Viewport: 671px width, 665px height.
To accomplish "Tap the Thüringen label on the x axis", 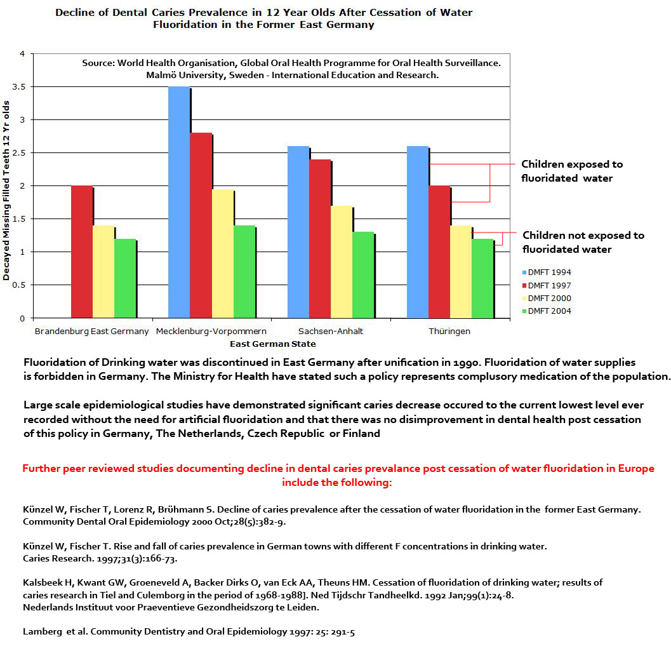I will click(449, 332).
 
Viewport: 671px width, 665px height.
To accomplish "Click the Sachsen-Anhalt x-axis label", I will click(330, 332).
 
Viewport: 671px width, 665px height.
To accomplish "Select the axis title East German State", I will click(272, 344).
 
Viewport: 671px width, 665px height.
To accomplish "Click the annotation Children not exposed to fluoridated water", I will click(582, 242).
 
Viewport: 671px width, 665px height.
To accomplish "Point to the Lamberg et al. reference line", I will click(189, 632).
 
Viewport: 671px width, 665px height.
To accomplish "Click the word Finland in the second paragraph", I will click(362, 434).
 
